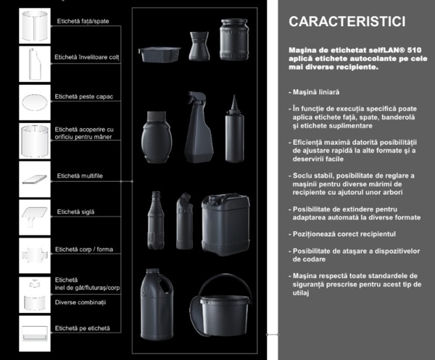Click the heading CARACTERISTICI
click(x=336, y=22)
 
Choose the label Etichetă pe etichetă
click(x=83, y=328)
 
